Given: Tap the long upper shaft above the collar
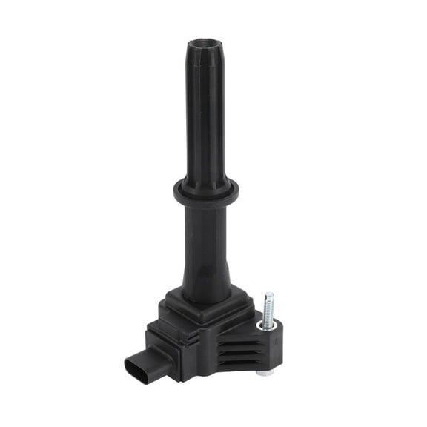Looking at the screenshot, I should pyautogui.click(x=205, y=119).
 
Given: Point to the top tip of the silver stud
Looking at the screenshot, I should pyautogui.click(x=269, y=295).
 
